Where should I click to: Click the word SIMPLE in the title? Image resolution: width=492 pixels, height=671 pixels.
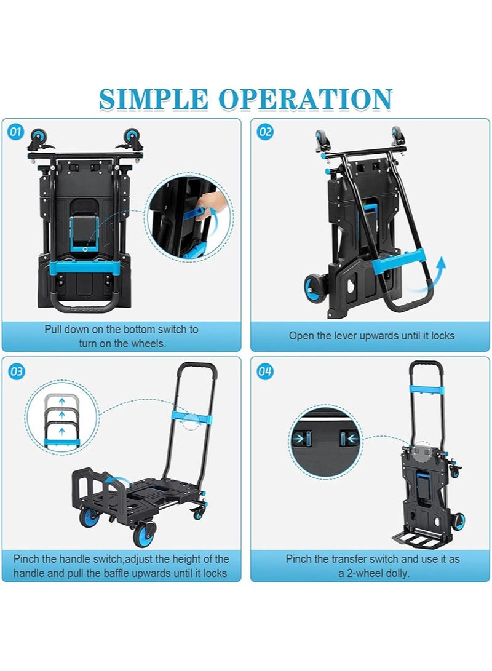point(153,99)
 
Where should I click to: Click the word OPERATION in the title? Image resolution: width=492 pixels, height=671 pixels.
point(305,99)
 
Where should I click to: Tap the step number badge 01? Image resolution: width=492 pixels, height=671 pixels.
point(15,132)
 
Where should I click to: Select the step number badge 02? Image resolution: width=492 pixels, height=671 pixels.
point(265,132)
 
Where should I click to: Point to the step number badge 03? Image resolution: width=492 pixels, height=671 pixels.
point(16,371)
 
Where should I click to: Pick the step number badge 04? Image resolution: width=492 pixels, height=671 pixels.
point(265,371)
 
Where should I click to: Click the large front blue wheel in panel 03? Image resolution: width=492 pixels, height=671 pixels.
point(143,534)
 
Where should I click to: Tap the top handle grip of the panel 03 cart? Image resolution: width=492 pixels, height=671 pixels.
point(197,367)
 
